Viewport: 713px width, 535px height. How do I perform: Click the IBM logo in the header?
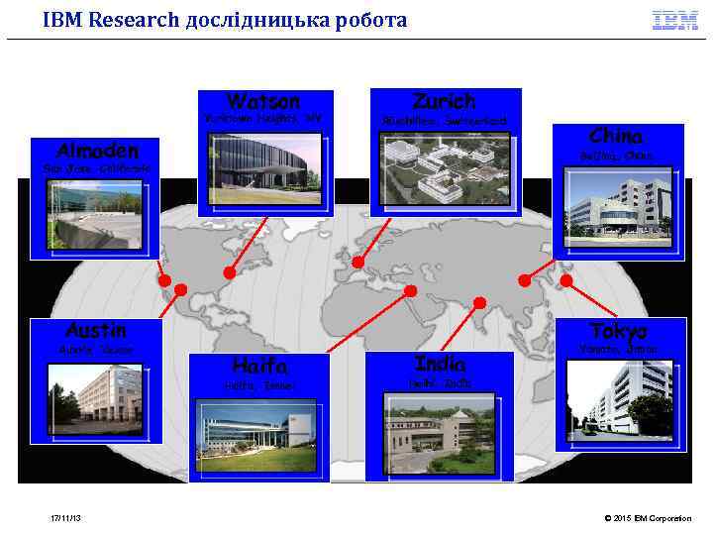click(674, 20)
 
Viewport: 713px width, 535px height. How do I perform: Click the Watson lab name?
click(263, 101)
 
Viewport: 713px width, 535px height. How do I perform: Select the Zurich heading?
click(444, 101)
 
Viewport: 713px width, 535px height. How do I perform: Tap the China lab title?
click(616, 136)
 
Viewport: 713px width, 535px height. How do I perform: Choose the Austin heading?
click(95, 329)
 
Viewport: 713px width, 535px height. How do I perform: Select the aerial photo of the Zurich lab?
click(444, 168)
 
